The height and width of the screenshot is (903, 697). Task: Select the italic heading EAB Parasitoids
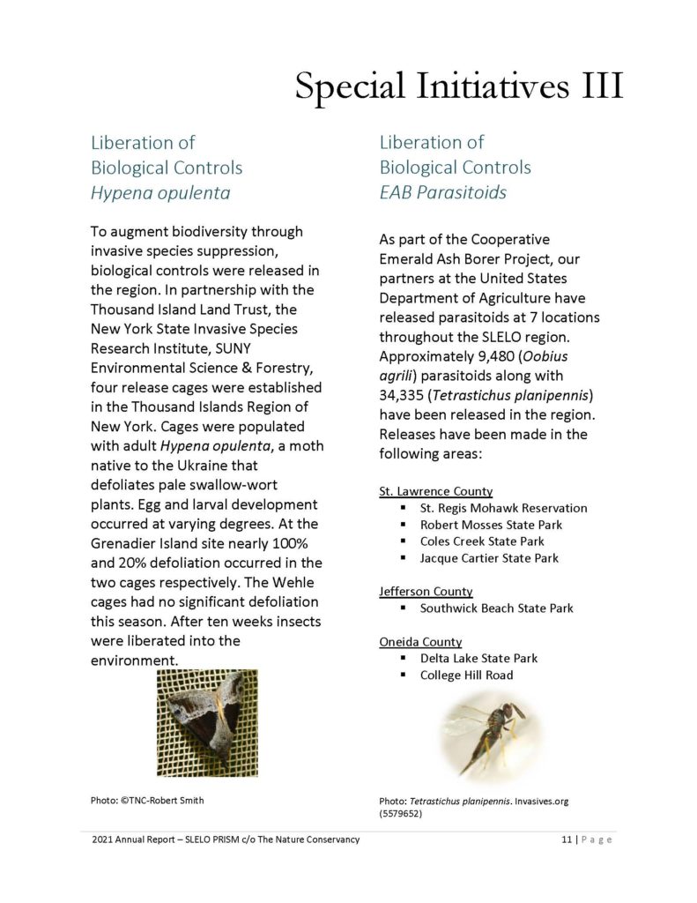(442, 191)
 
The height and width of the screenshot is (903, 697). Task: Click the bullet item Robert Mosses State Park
(491, 525)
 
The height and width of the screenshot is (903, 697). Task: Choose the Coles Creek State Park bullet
(482, 541)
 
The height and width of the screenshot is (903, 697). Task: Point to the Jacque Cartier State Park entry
(489, 558)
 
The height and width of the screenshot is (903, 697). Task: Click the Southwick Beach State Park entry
(497, 608)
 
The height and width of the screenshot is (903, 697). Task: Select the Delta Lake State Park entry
(478, 659)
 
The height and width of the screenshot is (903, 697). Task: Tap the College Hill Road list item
(466, 675)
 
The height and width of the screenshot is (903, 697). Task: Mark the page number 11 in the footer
(566, 840)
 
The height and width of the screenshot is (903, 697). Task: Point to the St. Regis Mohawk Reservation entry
(503, 508)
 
